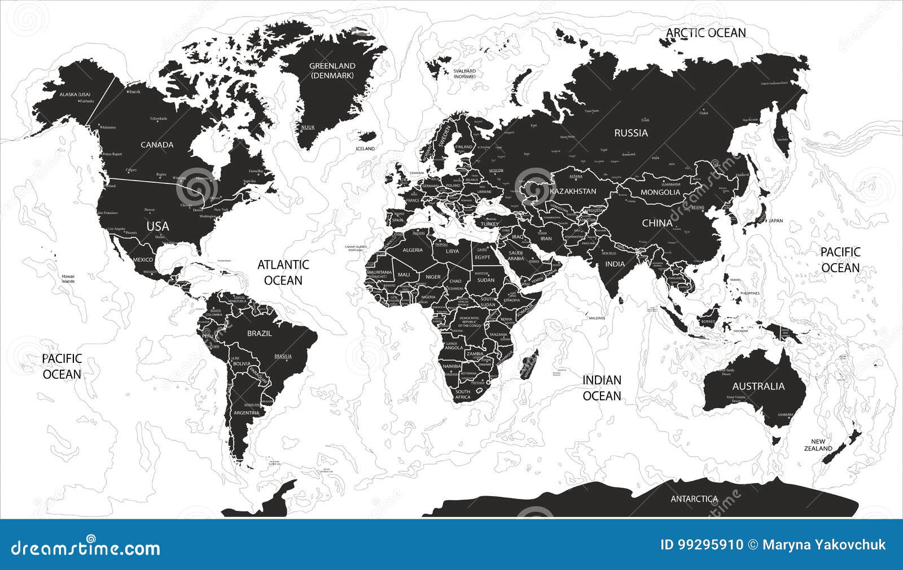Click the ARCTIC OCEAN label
tap(705, 33)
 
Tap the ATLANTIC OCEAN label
tap(283, 272)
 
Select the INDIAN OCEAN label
tap(602, 388)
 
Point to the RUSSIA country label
tap(631, 133)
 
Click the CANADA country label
tap(157, 145)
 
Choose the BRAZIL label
tap(260, 334)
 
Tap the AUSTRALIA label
tap(758, 387)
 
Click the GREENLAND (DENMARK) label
tap(332, 71)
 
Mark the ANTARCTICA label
tap(694, 499)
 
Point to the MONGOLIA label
tap(661, 192)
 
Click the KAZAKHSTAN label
tap(573, 191)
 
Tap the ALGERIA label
tap(412, 250)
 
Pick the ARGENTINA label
tap(246, 413)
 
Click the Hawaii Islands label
tap(68, 278)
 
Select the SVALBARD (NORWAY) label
tap(464, 73)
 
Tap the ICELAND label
tap(365, 148)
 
